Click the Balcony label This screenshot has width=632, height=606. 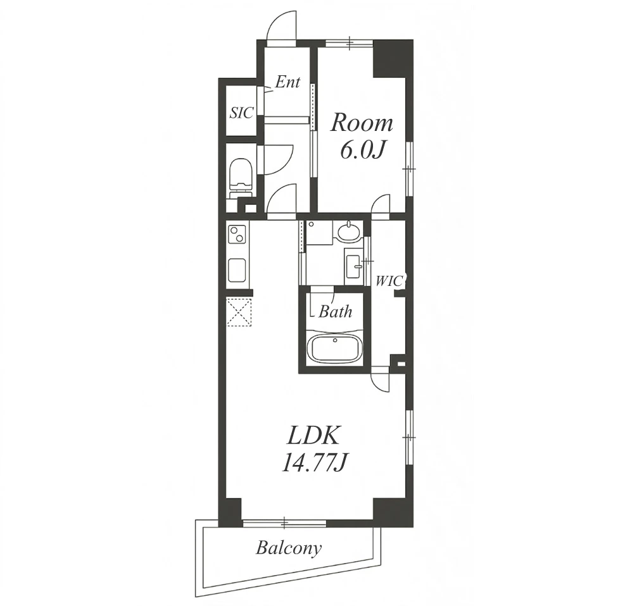[x=289, y=548]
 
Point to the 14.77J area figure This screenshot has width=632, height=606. [x=314, y=463]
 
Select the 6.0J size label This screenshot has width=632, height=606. [x=361, y=150]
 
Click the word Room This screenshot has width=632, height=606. [x=362, y=123]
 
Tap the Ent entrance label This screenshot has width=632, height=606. [x=288, y=82]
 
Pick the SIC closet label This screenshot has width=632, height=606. [x=241, y=113]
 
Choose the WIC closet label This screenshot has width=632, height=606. [x=389, y=281]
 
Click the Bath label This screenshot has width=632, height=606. [x=336, y=312]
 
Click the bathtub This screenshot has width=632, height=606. [x=334, y=347]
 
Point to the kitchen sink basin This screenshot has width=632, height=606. [x=237, y=270]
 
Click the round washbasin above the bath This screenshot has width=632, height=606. [x=348, y=233]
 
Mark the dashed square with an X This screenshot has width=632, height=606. [x=239, y=312]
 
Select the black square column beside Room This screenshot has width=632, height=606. [x=389, y=58]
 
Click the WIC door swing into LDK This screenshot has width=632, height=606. [x=381, y=383]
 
